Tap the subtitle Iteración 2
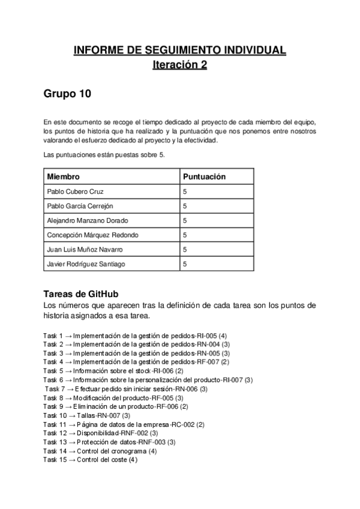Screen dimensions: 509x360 pyautogui.click(x=180, y=65)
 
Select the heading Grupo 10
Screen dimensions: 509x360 pyautogui.click(x=67, y=94)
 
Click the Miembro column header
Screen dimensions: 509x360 pyautogui.click(x=64, y=177)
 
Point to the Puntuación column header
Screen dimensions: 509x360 pyautogui.click(x=204, y=177)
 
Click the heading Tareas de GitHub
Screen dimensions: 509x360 pyautogui.click(x=81, y=294)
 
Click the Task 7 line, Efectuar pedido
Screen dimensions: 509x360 pyautogui.click(x=126, y=389)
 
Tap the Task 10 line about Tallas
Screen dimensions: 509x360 pyautogui.click(x=87, y=415)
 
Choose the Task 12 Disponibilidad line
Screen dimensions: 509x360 pyautogui.click(x=101, y=433)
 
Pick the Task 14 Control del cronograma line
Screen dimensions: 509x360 pyautogui.click(x=100, y=451)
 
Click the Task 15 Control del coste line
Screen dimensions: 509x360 pyautogui.click(x=91, y=460)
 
